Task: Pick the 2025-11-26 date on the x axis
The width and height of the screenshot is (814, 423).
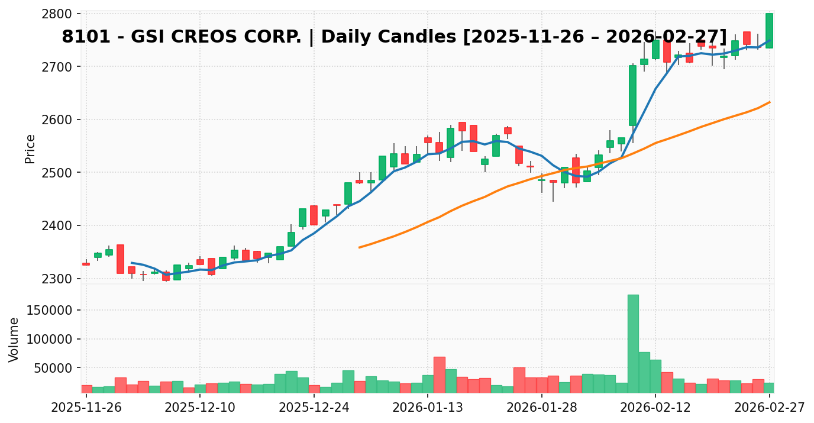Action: (86, 408)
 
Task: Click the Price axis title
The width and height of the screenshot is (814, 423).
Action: (30, 148)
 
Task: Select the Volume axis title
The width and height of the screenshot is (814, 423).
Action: (14, 339)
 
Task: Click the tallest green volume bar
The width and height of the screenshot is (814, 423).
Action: (633, 344)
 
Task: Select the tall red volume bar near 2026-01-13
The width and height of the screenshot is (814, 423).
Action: (439, 374)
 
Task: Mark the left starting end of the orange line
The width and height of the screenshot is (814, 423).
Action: (359, 247)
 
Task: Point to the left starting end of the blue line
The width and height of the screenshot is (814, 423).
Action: (131, 263)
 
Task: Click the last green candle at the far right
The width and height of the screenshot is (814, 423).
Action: (769, 31)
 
